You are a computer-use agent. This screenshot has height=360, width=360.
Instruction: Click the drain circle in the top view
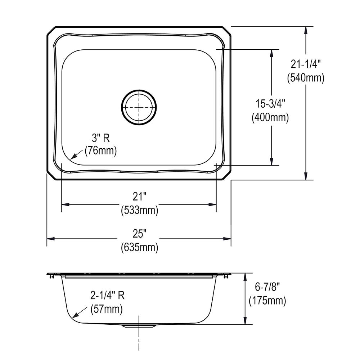pos(121,107)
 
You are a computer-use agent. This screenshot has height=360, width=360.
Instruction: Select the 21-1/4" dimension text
pos(305,64)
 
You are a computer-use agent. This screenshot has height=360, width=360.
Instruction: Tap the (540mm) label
pos(306,78)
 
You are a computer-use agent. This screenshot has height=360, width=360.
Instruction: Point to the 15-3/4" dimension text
pos(270,104)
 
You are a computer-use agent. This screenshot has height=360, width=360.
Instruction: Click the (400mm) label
pos(270,118)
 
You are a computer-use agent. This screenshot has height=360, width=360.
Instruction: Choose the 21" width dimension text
pos(139,197)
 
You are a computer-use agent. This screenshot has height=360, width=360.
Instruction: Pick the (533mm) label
pos(140,210)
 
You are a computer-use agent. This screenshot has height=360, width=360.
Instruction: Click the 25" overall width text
pos(139,234)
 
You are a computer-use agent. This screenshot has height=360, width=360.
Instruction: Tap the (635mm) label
pos(140,247)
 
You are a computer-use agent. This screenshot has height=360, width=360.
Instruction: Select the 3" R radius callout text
pos(100,138)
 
